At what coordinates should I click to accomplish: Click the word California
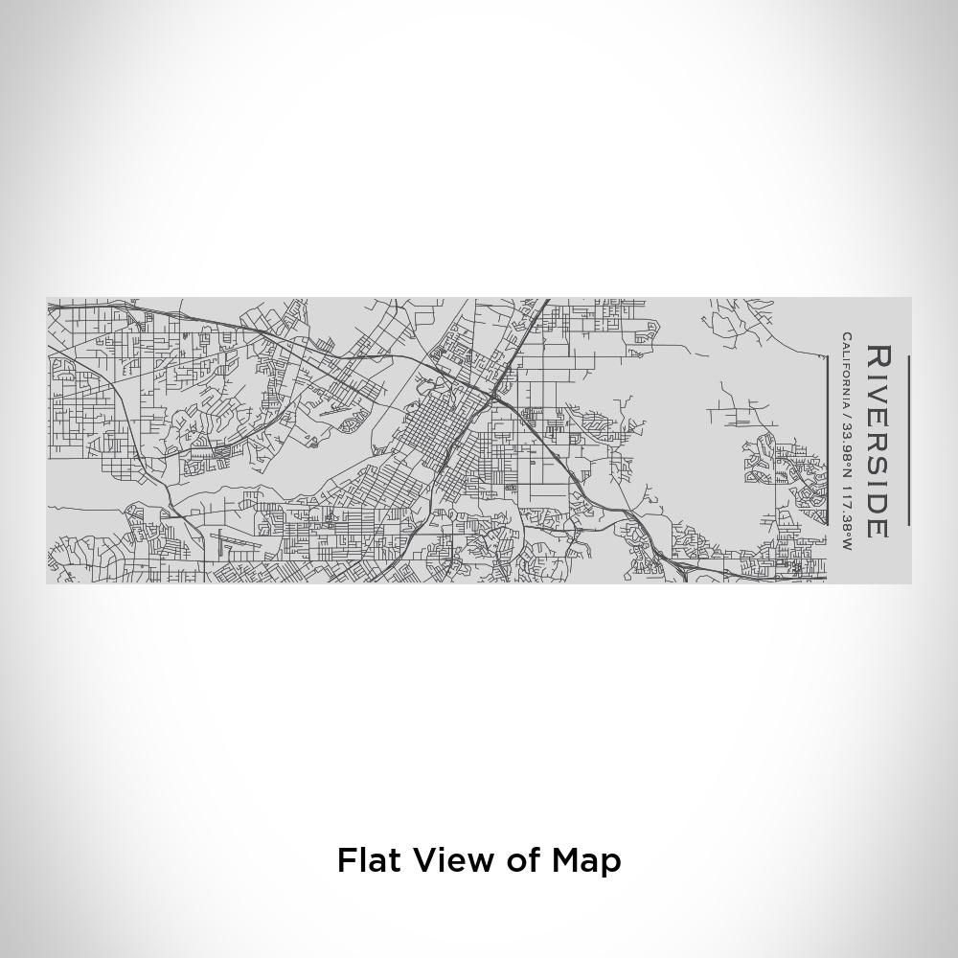tap(847, 370)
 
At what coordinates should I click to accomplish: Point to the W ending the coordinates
tap(847, 544)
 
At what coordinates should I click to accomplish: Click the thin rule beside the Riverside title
tap(907, 441)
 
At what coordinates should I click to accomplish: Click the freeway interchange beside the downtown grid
tap(494, 393)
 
